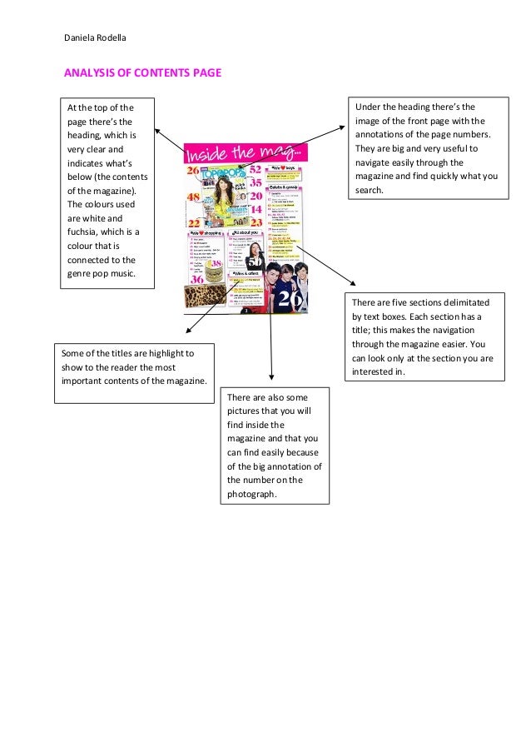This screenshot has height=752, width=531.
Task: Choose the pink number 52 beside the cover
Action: coord(256,169)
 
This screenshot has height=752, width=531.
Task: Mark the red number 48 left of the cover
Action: coord(193,197)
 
